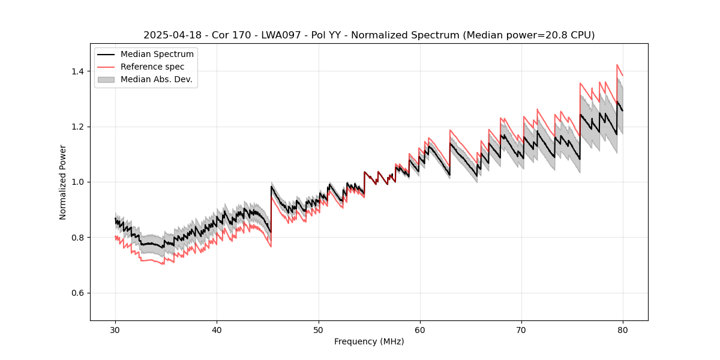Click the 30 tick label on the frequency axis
[x=115, y=329]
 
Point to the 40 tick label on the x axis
[x=217, y=329]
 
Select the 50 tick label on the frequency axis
[x=319, y=329]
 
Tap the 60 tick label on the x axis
[x=420, y=329]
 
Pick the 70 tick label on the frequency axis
[x=521, y=329]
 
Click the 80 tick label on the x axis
[x=623, y=329]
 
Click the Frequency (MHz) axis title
[x=369, y=341]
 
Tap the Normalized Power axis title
[x=63, y=182]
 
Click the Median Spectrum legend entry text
[x=157, y=55]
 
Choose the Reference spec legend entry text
[x=152, y=67]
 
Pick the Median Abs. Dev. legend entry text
[x=157, y=79]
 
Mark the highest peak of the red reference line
[x=617, y=65]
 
